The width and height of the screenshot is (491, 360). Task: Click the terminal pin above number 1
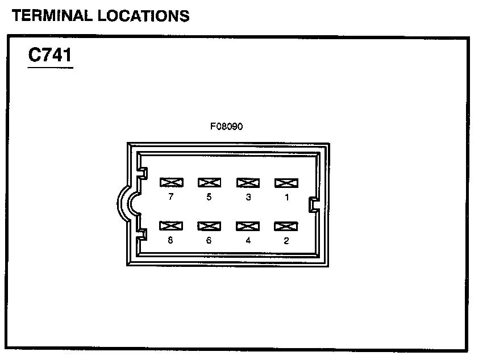click(286, 183)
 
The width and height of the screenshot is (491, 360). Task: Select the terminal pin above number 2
click(286, 226)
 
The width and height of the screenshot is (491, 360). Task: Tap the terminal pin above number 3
click(248, 183)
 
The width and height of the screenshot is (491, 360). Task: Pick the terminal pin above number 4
click(248, 226)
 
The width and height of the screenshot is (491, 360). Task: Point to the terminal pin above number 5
click(209, 183)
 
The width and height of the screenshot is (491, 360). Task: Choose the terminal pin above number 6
click(209, 226)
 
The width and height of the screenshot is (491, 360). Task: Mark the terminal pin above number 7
click(171, 183)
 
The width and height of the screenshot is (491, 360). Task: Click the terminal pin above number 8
click(171, 226)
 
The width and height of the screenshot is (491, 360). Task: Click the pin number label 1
click(286, 198)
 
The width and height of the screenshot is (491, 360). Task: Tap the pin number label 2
click(286, 241)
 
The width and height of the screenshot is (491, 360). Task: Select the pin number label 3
click(248, 198)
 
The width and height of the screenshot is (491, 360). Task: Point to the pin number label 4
click(248, 241)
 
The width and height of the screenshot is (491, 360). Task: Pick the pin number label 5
click(209, 198)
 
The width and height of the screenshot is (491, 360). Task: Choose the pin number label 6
click(209, 241)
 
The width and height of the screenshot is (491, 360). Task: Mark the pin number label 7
click(171, 198)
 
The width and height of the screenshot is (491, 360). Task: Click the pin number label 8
click(171, 241)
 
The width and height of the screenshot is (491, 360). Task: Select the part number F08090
click(226, 127)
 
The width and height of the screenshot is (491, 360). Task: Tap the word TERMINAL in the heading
click(52, 16)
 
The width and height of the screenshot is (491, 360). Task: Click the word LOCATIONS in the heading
click(143, 16)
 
